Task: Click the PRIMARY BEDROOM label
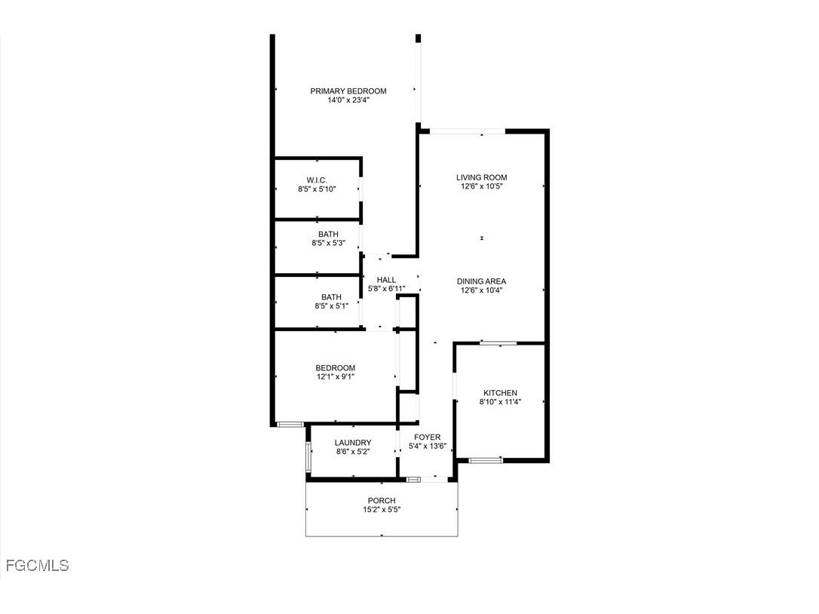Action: click(x=348, y=91)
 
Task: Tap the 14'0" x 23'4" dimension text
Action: click(x=348, y=100)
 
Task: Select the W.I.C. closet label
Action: click(x=316, y=180)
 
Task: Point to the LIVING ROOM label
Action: click(x=481, y=178)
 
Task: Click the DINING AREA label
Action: click(x=481, y=281)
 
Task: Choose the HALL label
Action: click(x=386, y=280)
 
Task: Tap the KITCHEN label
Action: click(x=500, y=393)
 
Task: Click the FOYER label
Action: click(x=428, y=437)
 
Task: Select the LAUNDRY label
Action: click(x=353, y=443)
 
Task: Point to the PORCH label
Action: click(x=381, y=501)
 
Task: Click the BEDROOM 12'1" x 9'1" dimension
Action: click(x=335, y=376)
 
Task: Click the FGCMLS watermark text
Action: click(x=37, y=565)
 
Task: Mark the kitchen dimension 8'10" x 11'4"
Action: click(x=500, y=402)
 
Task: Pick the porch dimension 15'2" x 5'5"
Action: click(x=381, y=510)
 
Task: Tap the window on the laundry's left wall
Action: click(x=308, y=456)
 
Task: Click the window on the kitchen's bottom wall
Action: click(x=486, y=459)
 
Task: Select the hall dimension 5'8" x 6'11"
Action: click(x=386, y=289)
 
